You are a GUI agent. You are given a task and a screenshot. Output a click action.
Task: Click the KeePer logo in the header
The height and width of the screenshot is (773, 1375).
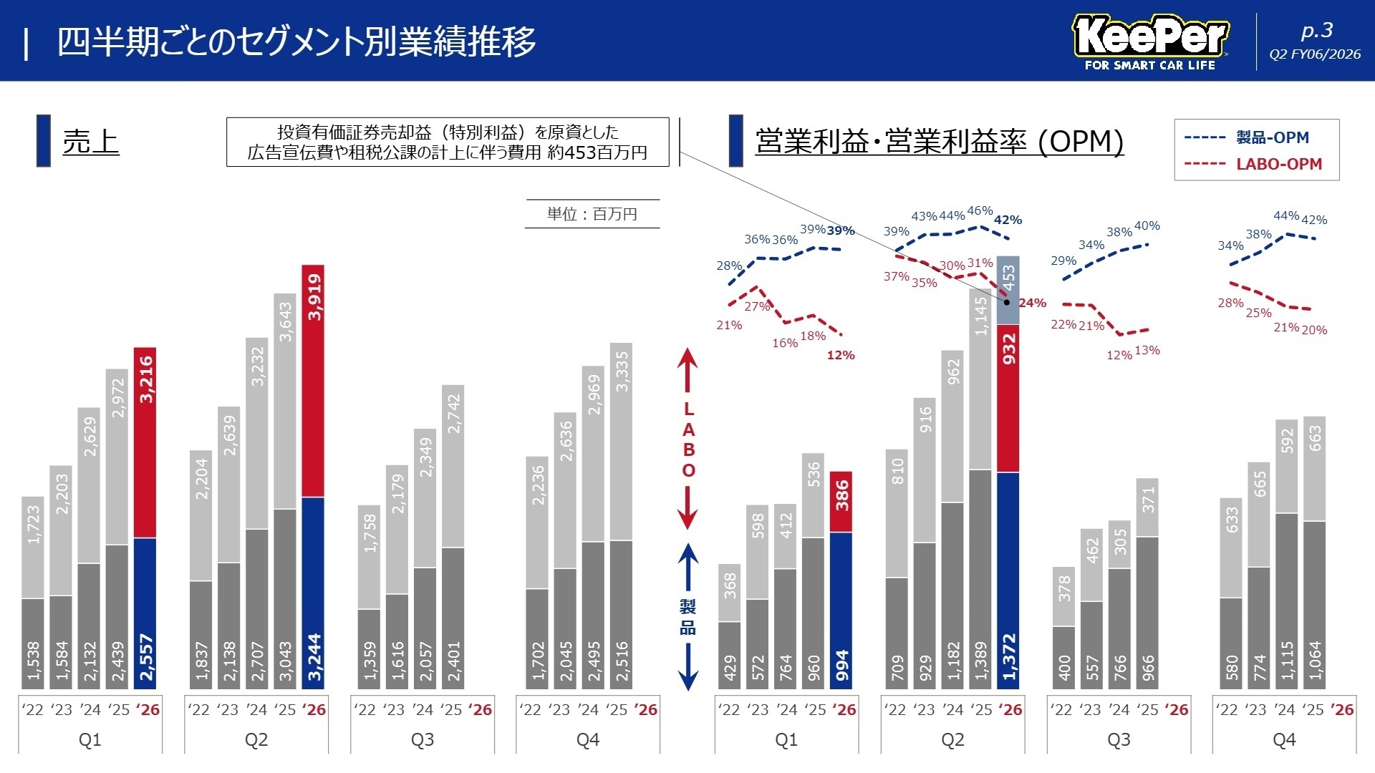pos(1150,42)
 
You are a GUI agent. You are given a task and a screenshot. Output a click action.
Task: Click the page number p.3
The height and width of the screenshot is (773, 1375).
pos(1316,31)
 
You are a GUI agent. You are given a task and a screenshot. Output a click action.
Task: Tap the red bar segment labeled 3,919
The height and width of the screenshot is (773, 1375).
pos(313,381)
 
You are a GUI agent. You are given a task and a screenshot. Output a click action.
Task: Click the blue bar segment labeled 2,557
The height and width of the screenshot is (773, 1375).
pos(145,613)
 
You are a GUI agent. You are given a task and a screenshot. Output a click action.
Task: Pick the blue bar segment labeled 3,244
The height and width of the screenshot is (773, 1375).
pos(313,593)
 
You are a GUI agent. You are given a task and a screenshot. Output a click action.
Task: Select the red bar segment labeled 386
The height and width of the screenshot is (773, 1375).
pos(841,501)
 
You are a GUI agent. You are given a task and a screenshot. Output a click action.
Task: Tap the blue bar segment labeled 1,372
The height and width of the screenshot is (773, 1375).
pos(1008,580)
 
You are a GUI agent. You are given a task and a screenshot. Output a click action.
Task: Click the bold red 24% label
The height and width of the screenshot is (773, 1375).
pos(1032,303)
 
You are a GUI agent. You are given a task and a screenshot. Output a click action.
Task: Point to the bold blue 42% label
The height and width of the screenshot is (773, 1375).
pos(1008,220)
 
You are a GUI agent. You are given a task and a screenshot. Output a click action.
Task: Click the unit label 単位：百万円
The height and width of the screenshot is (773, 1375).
pos(592,214)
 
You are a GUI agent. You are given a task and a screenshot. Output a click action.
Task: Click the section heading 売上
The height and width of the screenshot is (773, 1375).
pos(90,141)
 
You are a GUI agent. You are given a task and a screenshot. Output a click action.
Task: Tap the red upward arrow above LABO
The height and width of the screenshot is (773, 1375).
pos(687,369)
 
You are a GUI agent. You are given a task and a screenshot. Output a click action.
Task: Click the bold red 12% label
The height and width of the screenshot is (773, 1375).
pos(840,355)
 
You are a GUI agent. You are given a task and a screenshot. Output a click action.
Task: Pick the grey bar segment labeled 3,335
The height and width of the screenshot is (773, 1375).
pos(622,442)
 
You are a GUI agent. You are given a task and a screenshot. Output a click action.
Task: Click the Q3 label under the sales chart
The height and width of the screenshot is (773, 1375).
pos(423,739)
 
